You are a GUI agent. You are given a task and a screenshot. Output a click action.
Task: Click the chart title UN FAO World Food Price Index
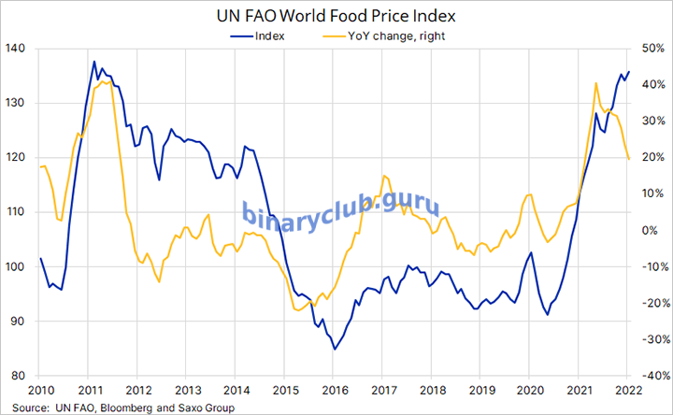[x=336, y=16]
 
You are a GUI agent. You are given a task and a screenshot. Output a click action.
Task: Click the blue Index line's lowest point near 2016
[x=334, y=349]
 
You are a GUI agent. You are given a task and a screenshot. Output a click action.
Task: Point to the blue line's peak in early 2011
[x=94, y=62]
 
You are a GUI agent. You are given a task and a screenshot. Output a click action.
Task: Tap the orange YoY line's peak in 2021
[x=596, y=83]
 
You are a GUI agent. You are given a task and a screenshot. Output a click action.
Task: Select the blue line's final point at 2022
[x=629, y=71]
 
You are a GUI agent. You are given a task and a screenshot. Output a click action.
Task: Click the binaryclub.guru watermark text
[x=340, y=211]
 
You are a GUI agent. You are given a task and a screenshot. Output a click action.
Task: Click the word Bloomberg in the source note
[x=121, y=408]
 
